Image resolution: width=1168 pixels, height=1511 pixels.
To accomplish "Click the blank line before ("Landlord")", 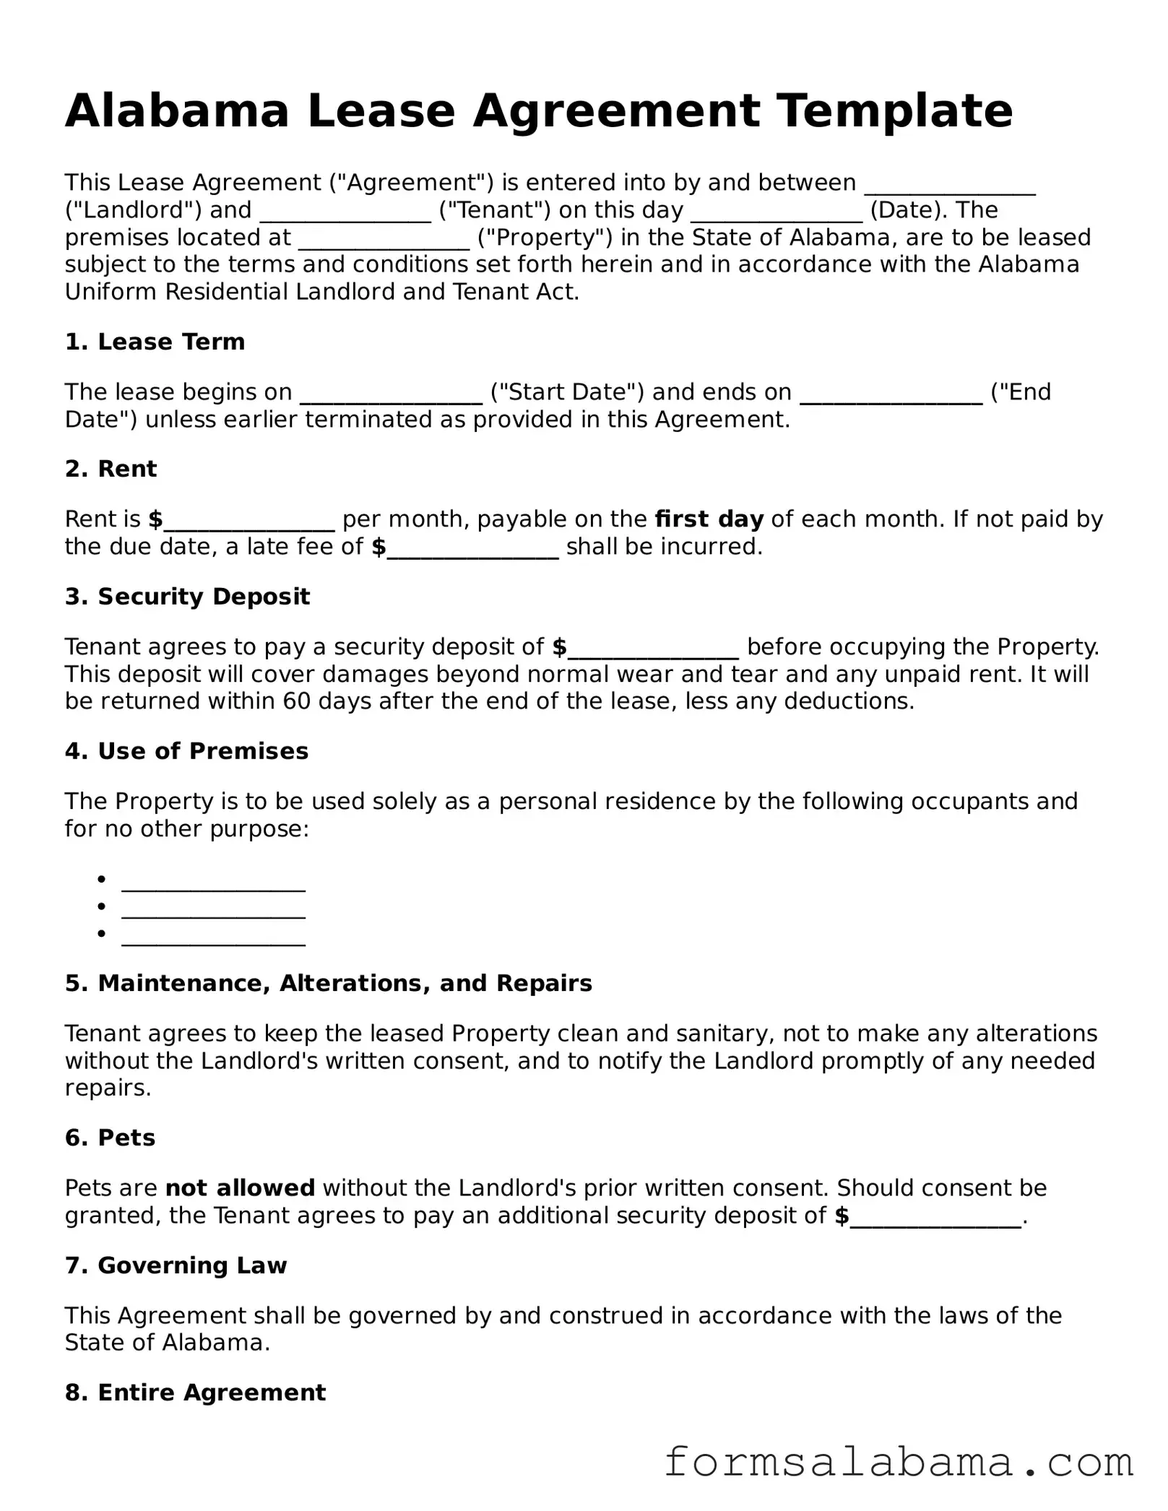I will pos(950,185).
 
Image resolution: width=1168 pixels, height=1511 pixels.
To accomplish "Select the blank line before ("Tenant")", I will pos(345,212).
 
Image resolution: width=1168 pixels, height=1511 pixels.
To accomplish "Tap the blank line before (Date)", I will pos(776,212).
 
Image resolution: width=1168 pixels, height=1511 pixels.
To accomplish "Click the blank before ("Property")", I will pos(384,240).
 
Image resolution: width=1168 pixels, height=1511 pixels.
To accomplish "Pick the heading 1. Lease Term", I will pos(155,342).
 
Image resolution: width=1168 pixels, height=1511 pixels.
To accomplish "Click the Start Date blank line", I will pos(391,394).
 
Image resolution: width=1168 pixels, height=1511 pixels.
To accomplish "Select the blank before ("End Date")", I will pos(891,394).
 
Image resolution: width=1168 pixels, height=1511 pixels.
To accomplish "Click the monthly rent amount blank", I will pos(249,521).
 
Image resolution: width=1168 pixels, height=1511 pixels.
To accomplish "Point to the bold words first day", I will pos(709,519).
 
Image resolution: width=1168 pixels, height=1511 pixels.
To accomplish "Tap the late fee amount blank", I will pos(473,549).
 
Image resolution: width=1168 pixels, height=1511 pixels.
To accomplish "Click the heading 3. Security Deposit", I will pos(187,597).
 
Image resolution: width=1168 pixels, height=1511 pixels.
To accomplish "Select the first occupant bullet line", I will pos(213,882).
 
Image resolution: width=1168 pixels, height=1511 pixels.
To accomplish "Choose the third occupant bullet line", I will pos(213,936).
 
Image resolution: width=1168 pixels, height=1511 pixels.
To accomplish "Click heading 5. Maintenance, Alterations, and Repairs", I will pos(328,984).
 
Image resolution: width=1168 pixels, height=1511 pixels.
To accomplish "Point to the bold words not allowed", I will pos(240,1188).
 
